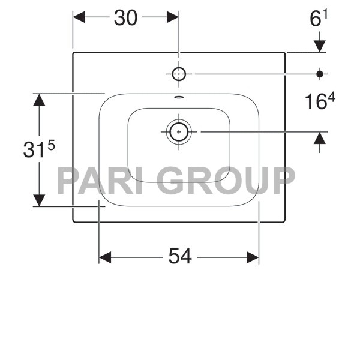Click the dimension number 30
tap(125, 18)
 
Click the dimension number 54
tap(179, 257)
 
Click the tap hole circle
tap(179, 74)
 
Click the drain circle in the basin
tap(179, 131)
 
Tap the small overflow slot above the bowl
tap(179, 97)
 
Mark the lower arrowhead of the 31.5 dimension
tap(39, 200)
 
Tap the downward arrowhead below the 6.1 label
tap(319, 46)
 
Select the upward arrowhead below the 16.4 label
tap(319, 138)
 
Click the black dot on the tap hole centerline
tap(319, 74)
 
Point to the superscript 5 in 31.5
tap(50, 145)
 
